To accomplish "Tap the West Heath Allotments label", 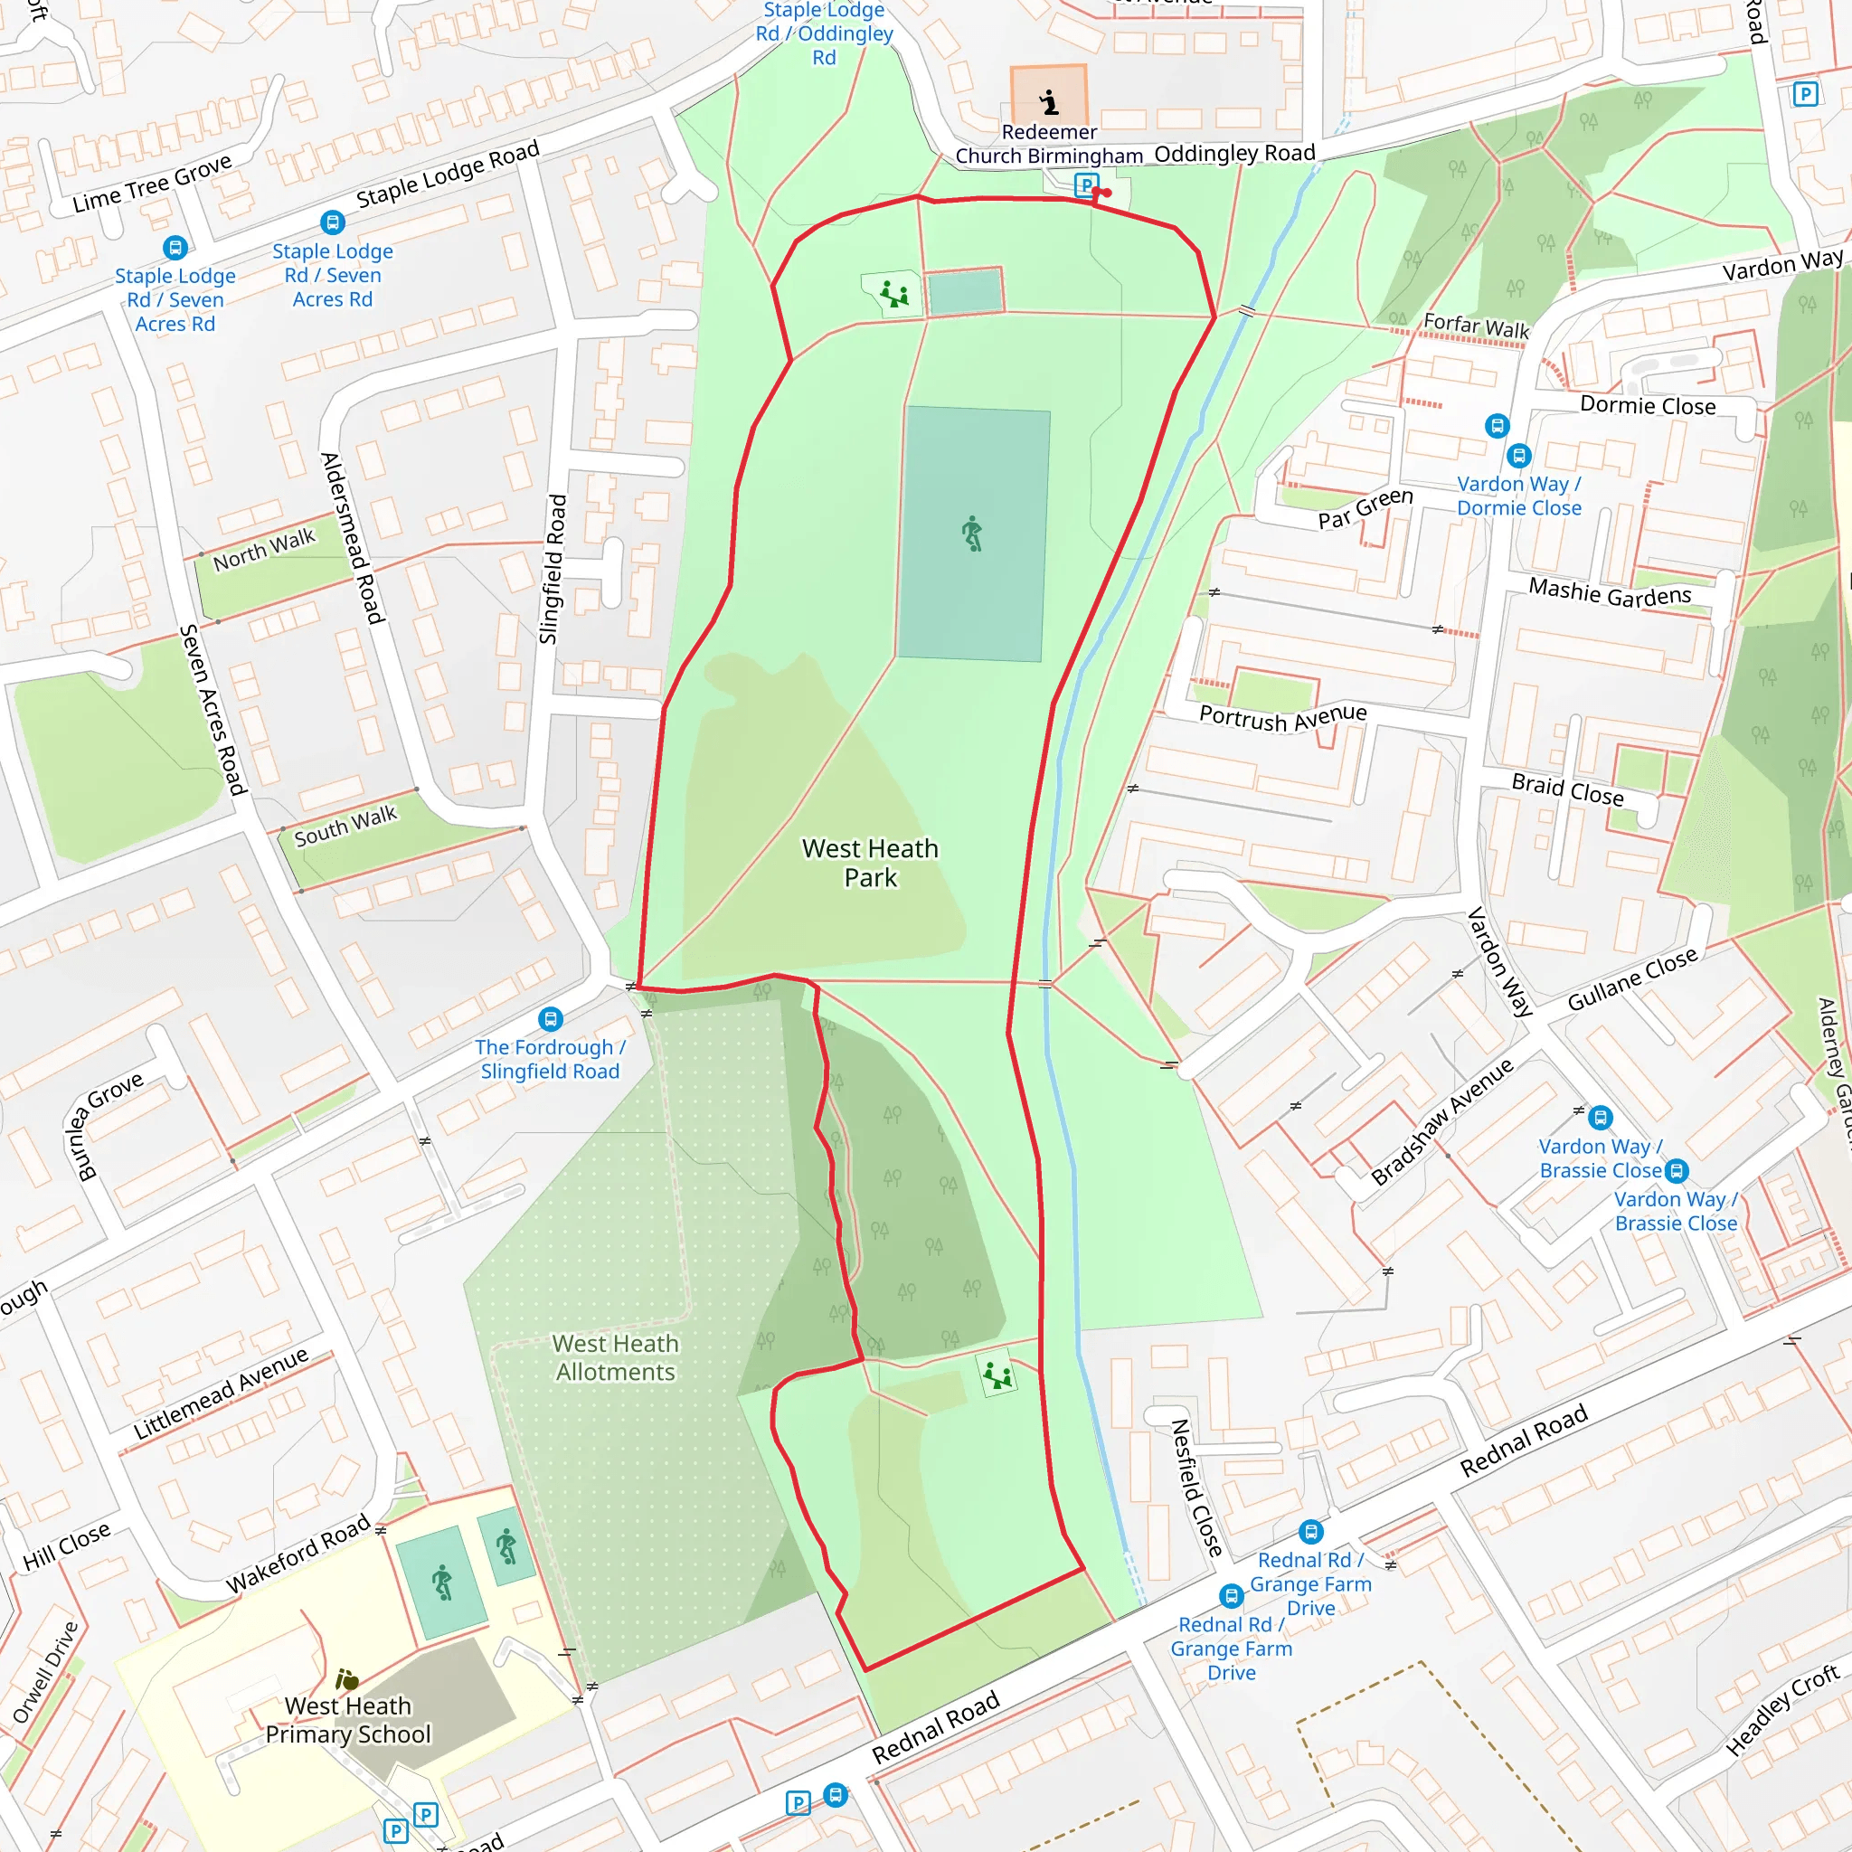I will pyautogui.click(x=616, y=1357).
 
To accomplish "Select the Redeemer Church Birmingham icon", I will pyautogui.click(x=1049, y=100).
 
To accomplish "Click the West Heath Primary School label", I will pyautogui.click(x=348, y=1720).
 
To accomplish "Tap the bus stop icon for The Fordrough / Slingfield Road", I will pyautogui.click(x=550, y=1019).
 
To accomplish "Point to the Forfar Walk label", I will pyautogui.click(x=1475, y=326).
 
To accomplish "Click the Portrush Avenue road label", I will pyautogui.click(x=1282, y=717).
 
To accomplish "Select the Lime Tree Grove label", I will pyautogui.click(x=153, y=183).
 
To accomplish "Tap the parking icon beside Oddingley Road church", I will pyautogui.click(x=1085, y=184).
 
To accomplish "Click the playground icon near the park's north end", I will pyautogui.click(x=894, y=293).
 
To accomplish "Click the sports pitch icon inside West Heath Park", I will pyautogui.click(x=972, y=533).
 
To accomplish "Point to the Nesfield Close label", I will pyautogui.click(x=1195, y=1488).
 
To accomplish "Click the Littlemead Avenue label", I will pyautogui.click(x=221, y=1393).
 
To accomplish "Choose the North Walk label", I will pyautogui.click(x=264, y=549).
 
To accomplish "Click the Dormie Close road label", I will pyautogui.click(x=1647, y=405).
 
